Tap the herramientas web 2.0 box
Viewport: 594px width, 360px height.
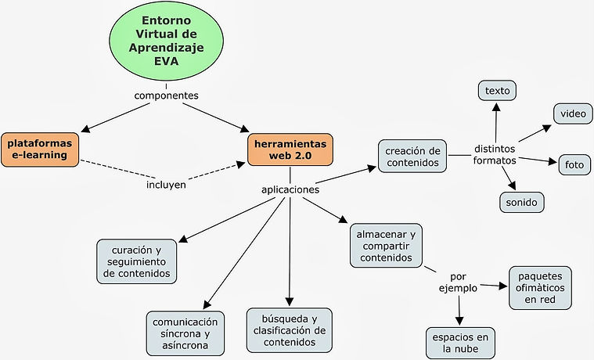click(x=290, y=149)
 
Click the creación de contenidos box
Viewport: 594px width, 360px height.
click(x=413, y=156)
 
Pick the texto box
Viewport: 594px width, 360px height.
click(x=497, y=91)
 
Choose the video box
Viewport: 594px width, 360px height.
click(x=572, y=113)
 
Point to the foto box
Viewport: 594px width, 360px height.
click(x=574, y=165)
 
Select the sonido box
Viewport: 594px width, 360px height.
click(x=522, y=202)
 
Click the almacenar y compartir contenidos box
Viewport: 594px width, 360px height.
click(x=386, y=244)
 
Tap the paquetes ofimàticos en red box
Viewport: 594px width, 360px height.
click(x=540, y=287)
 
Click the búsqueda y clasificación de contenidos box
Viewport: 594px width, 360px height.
click(x=290, y=329)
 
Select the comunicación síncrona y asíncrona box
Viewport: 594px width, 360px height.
click(x=185, y=333)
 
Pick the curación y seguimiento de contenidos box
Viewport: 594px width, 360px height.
click(x=136, y=261)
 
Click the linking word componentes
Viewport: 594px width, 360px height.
click(x=166, y=95)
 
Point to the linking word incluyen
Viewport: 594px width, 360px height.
click(x=166, y=185)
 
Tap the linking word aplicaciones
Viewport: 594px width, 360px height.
click(x=290, y=189)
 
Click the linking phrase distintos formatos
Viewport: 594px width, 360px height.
click(x=495, y=155)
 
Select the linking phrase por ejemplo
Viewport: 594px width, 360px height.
click(x=458, y=283)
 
